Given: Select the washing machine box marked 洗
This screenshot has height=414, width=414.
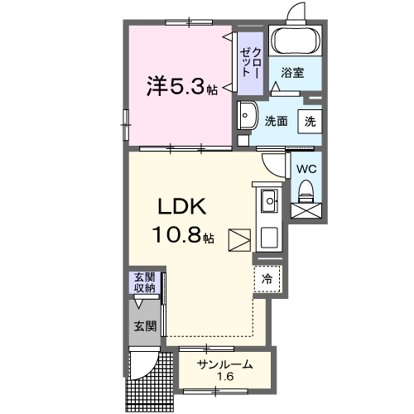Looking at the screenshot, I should click(309, 120).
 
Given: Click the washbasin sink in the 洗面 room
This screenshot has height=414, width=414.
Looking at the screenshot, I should click(247, 115).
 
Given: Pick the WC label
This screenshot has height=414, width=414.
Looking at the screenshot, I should click(306, 169).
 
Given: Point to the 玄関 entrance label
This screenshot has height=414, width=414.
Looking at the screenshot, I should click(145, 326).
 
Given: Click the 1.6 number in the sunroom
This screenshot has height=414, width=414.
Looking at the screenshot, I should click(224, 378).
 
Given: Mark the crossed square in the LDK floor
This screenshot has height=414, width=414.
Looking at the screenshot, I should click(240, 240).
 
